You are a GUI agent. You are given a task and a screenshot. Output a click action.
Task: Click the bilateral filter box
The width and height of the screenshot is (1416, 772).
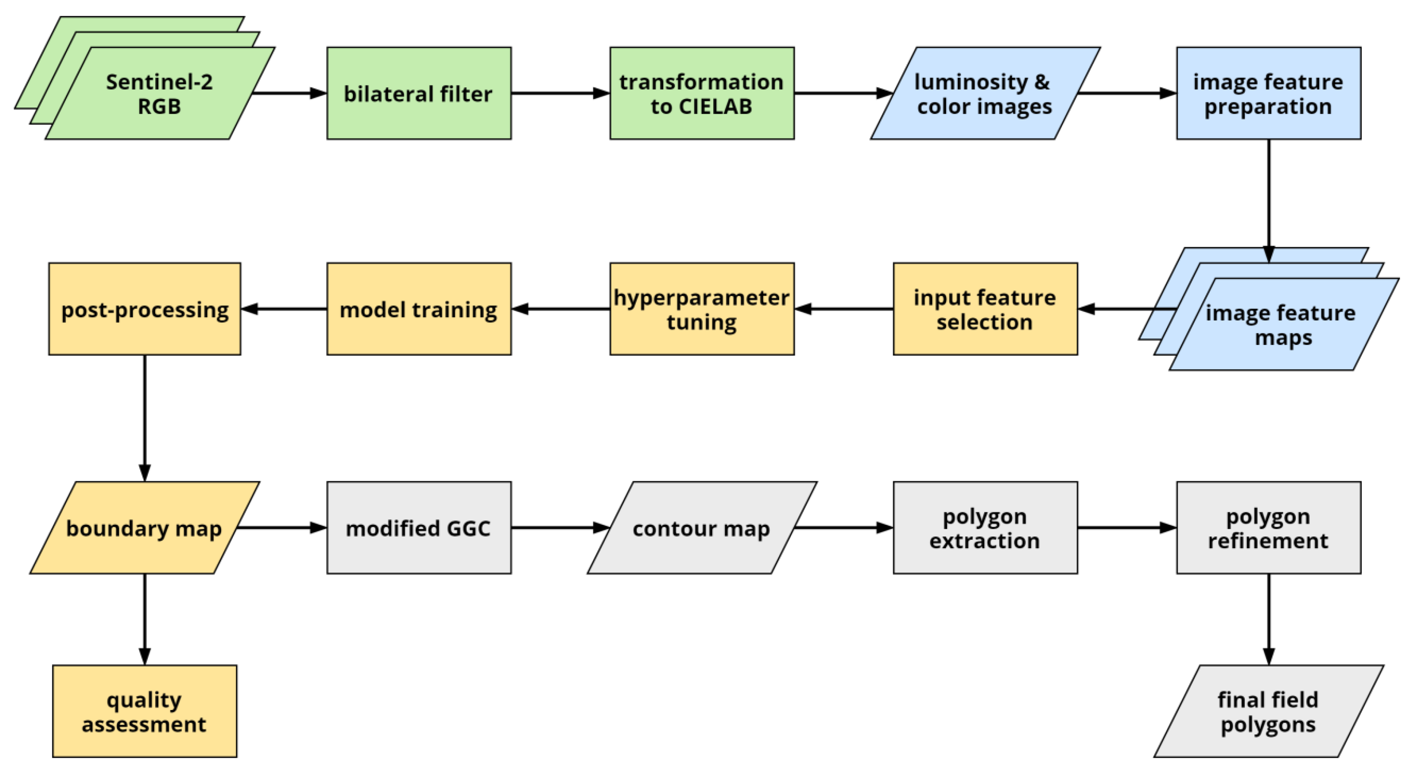click(419, 94)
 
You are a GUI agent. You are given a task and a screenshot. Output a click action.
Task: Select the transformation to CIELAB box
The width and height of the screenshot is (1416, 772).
click(702, 94)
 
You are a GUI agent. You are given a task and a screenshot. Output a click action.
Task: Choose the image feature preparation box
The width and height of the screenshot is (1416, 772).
click(1268, 94)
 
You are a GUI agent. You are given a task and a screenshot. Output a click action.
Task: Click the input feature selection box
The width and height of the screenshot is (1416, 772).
click(985, 309)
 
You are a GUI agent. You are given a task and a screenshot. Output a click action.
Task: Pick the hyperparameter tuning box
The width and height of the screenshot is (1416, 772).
click(702, 309)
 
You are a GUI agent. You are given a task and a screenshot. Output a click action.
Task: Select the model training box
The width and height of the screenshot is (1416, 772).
click(419, 309)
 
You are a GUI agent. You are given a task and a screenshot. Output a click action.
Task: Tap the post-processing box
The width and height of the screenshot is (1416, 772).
click(145, 309)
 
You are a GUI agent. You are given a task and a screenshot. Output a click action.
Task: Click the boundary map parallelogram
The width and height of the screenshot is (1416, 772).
click(145, 528)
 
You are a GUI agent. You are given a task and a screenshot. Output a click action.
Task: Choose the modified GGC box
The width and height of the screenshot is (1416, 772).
click(419, 528)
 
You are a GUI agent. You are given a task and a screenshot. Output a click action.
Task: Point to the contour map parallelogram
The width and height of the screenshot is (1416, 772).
click(702, 528)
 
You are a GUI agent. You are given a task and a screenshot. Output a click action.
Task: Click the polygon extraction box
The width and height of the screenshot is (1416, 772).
click(985, 528)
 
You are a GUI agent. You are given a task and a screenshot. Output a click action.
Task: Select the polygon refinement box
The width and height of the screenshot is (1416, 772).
click(1268, 528)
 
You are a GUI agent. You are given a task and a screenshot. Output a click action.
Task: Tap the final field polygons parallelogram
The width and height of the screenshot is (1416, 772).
click(1268, 711)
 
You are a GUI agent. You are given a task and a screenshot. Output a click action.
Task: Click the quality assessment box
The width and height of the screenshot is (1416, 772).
click(145, 711)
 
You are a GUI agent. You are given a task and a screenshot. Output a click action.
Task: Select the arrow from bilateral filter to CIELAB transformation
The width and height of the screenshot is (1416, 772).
click(560, 94)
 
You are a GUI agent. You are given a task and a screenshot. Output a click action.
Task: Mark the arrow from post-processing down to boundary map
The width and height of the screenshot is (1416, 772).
click(145, 418)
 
